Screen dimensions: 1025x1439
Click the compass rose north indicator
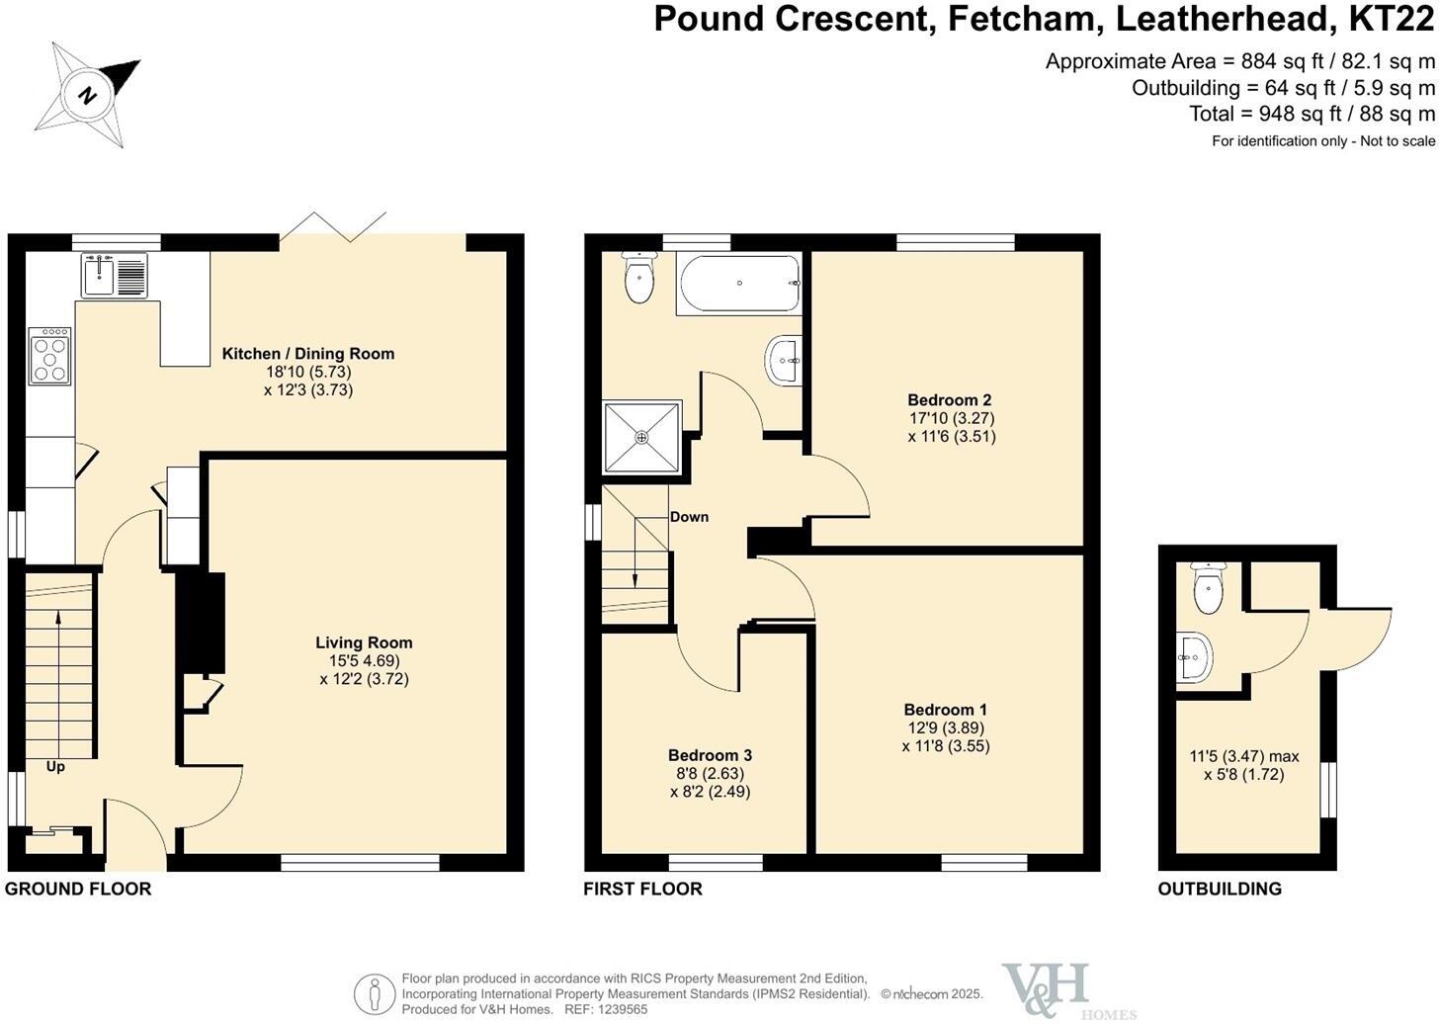coord(88,95)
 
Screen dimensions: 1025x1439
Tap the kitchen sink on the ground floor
coord(116,274)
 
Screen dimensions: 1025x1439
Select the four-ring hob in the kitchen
coord(50,356)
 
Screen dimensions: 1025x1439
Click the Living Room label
coord(364,642)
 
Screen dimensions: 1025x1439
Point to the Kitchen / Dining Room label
coord(307,354)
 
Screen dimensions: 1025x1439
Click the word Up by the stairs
coord(55,766)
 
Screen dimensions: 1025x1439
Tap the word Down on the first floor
coord(689,517)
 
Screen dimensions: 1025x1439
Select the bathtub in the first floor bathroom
coord(739,285)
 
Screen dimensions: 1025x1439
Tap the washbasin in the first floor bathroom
coord(785,361)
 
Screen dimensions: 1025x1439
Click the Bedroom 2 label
coord(949,400)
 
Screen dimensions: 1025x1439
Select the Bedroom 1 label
coord(945,710)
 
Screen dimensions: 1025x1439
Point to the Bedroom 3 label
coord(709,755)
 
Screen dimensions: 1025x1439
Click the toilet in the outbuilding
coord(1208,588)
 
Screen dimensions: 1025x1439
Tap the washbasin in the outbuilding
coord(1195,657)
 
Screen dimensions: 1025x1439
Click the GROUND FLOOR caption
coord(78,889)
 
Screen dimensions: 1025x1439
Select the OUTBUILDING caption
coord(1219,889)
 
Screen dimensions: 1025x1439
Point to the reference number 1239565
coord(620,1009)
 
